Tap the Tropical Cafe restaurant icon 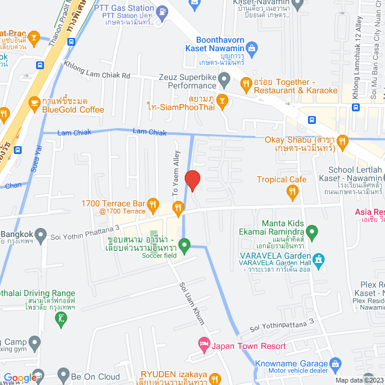[x=293, y=191]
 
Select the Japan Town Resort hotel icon [x=204, y=343]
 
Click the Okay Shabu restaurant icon [x=342, y=142]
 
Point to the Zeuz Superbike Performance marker [x=224, y=78]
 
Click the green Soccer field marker [x=185, y=245]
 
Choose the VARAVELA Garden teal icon [x=319, y=260]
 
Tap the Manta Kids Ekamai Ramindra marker [x=312, y=231]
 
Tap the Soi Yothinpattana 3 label [x=282, y=325]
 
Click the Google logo [x=19, y=378]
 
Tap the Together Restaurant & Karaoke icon [x=245, y=83]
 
